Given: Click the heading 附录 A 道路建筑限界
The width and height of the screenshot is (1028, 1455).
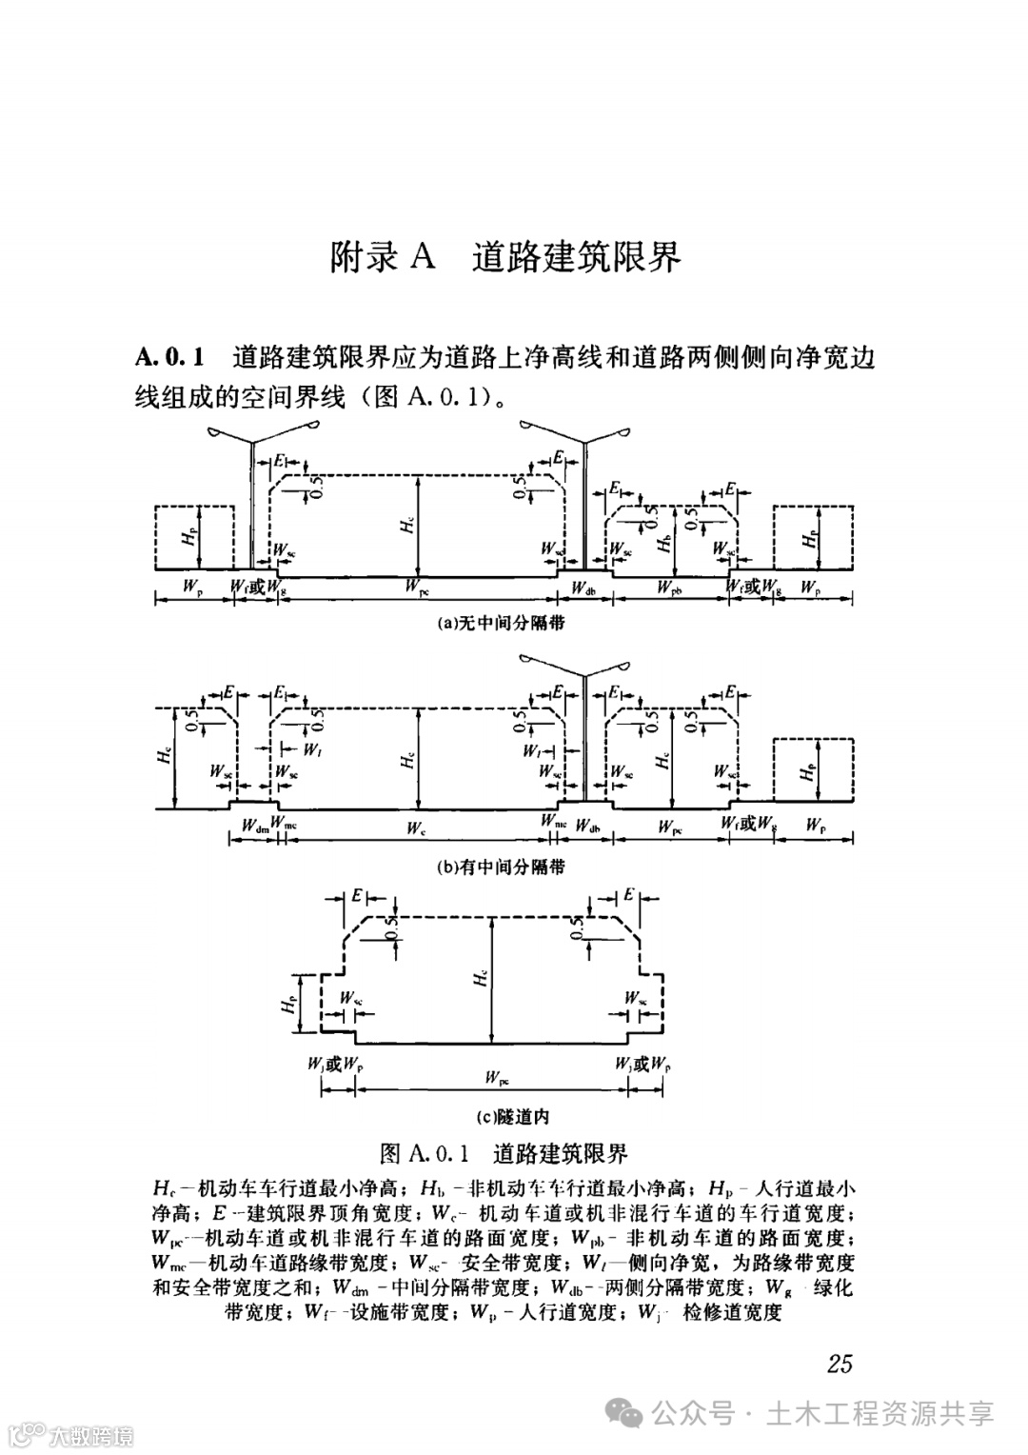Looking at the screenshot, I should tap(505, 258).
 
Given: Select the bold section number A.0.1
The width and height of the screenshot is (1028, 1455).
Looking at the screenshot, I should tap(171, 358).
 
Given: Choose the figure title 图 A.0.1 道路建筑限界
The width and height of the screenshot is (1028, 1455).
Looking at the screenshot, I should tap(504, 1154).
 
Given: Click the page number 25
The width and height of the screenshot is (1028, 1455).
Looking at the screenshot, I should tap(840, 1364).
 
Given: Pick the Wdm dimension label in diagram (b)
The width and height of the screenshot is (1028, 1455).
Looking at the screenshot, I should tap(253, 826).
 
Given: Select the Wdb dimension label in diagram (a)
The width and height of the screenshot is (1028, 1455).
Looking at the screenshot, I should tap(584, 588).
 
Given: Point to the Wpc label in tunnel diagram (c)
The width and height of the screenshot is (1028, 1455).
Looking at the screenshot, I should tap(496, 1077).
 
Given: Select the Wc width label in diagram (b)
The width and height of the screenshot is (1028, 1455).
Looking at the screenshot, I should tap(416, 827).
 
